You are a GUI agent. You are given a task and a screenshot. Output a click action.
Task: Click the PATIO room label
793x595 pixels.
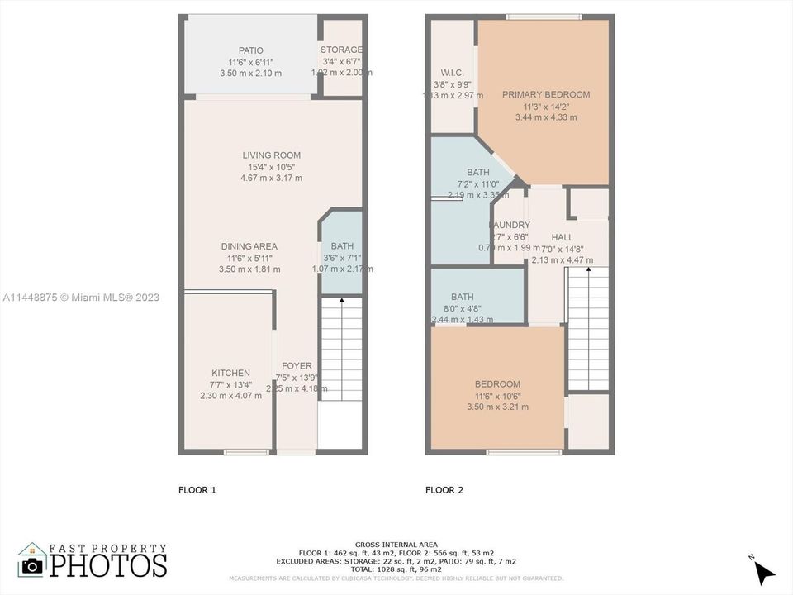click(x=250, y=50)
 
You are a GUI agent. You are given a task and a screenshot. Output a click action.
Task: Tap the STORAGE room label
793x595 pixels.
click(x=341, y=50)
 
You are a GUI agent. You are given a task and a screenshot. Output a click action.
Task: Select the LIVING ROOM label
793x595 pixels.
click(x=271, y=155)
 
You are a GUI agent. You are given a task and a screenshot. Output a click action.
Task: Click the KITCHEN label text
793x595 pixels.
click(x=230, y=374)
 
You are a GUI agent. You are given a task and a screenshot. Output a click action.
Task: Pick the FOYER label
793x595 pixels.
click(x=297, y=366)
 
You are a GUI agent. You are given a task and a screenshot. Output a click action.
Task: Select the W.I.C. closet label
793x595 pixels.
click(x=451, y=72)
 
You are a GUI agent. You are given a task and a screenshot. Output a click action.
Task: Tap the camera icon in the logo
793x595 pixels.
click(x=32, y=565)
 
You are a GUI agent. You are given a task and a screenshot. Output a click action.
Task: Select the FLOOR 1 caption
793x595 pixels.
click(x=197, y=490)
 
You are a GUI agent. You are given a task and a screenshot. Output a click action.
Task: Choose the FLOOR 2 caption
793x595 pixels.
click(x=444, y=490)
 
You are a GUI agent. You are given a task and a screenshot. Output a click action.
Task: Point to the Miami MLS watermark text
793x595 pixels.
click(x=80, y=297)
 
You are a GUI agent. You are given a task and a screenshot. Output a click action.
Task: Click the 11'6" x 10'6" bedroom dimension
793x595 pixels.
click(x=497, y=396)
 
